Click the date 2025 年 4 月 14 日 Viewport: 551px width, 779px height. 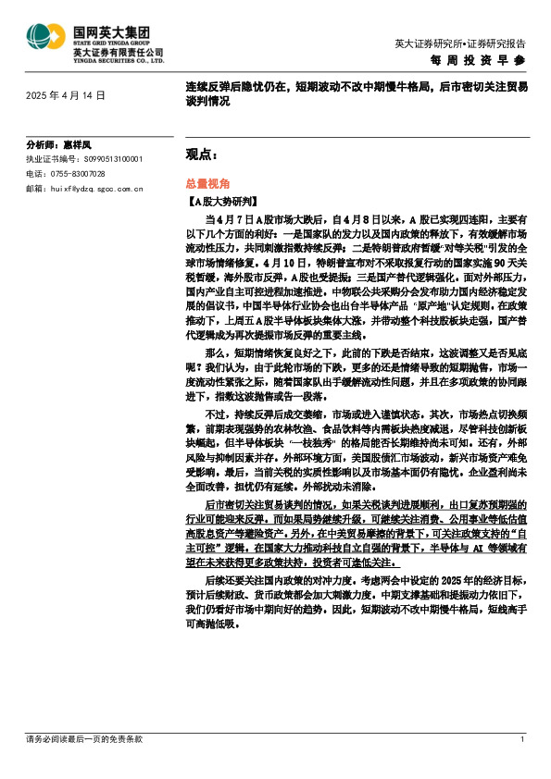(x=66, y=95)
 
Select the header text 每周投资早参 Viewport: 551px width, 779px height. (x=479, y=60)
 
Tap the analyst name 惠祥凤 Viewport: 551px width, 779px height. (x=78, y=145)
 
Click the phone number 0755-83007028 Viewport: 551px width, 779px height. (x=77, y=173)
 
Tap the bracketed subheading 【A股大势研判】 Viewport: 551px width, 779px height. (x=211, y=200)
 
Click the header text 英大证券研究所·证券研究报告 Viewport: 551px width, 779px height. (x=459, y=43)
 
